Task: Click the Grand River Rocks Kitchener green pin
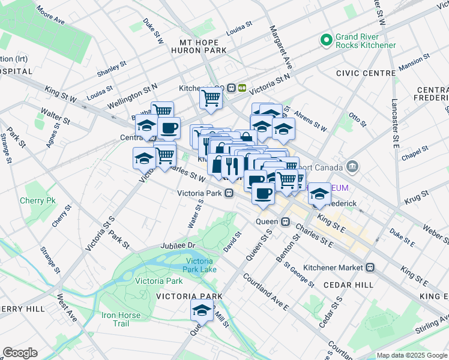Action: click(327, 40)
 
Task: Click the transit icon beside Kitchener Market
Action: click(371, 267)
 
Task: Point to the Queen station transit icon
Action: click(286, 221)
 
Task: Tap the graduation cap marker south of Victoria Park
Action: click(202, 310)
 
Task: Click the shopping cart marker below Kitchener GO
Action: click(211, 97)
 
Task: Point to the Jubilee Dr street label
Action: click(178, 246)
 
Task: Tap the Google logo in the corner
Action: click(20, 353)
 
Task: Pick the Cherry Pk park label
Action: click(37, 200)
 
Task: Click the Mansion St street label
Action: click(414, 62)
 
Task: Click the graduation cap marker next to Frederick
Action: click(319, 193)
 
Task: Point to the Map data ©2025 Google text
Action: click(411, 355)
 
